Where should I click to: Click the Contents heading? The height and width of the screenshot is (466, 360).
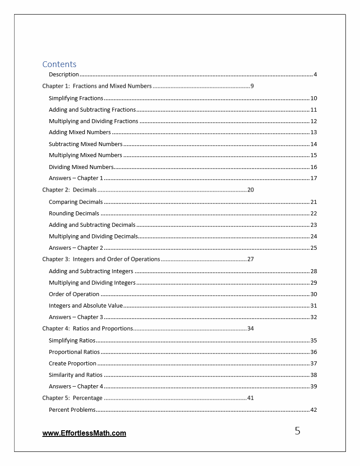[x=59, y=64]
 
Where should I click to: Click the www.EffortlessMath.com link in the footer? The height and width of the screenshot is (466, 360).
[x=84, y=433]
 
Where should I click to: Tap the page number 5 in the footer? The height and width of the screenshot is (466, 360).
[x=297, y=431]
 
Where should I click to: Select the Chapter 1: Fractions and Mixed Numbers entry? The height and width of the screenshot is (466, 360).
[x=97, y=86]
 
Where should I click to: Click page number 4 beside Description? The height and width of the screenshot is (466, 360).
[x=315, y=74]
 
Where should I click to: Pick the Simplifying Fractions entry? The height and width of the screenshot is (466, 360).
[x=76, y=98]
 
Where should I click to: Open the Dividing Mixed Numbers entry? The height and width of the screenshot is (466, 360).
[x=81, y=167]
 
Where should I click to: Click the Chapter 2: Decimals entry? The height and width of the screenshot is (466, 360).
[x=69, y=190]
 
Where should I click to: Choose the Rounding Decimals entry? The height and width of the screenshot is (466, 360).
[x=74, y=213]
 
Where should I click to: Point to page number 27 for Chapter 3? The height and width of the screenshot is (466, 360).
[x=251, y=259]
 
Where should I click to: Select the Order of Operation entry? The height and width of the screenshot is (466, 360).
[x=74, y=294]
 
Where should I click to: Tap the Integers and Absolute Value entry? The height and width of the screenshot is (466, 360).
[x=86, y=305]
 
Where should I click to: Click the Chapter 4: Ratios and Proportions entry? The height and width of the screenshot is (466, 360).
[x=87, y=328]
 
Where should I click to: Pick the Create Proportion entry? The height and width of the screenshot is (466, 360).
[x=72, y=363]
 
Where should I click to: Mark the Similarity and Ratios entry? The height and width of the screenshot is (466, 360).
[x=75, y=375]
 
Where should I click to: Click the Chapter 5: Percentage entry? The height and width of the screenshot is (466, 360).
[x=72, y=398]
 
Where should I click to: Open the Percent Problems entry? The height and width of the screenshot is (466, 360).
[x=72, y=410]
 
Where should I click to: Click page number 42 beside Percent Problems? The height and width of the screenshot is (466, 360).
[x=314, y=410]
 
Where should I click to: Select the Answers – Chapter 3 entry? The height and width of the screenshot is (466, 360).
[x=76, y=317]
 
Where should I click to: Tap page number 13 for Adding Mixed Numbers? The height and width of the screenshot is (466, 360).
[x=314, y=132]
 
